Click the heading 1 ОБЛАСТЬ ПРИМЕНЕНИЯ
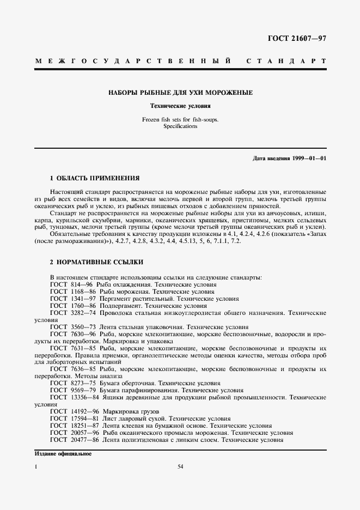click(x=94, y=178)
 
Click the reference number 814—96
click(x=81, y=284)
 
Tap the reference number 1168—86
click(x=82, y=292)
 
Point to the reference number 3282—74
click(x=82, y=313)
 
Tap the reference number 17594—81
click(x=84, y=418)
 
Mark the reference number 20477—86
click(x=84, y=440)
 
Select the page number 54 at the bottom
click(x=180, y=466)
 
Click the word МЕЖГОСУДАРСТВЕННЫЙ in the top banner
click(x=131, y=61)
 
